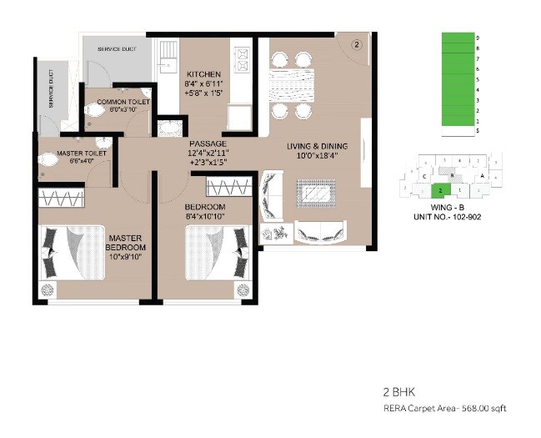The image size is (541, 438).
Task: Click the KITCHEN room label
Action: tap(203, 73)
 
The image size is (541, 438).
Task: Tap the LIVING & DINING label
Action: tap(317, 147)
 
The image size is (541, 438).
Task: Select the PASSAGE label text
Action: tap(208, 143)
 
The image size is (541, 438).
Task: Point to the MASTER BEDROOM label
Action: tap(127, 243)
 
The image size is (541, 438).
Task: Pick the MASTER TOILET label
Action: tap(80, 154)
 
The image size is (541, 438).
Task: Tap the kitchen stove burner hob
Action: tap(246, 59)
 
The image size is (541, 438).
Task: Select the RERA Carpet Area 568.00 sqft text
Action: tap(444, 408)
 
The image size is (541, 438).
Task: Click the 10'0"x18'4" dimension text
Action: tap(317, 156)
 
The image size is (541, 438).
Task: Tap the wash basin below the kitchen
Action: tap(171, 128)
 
